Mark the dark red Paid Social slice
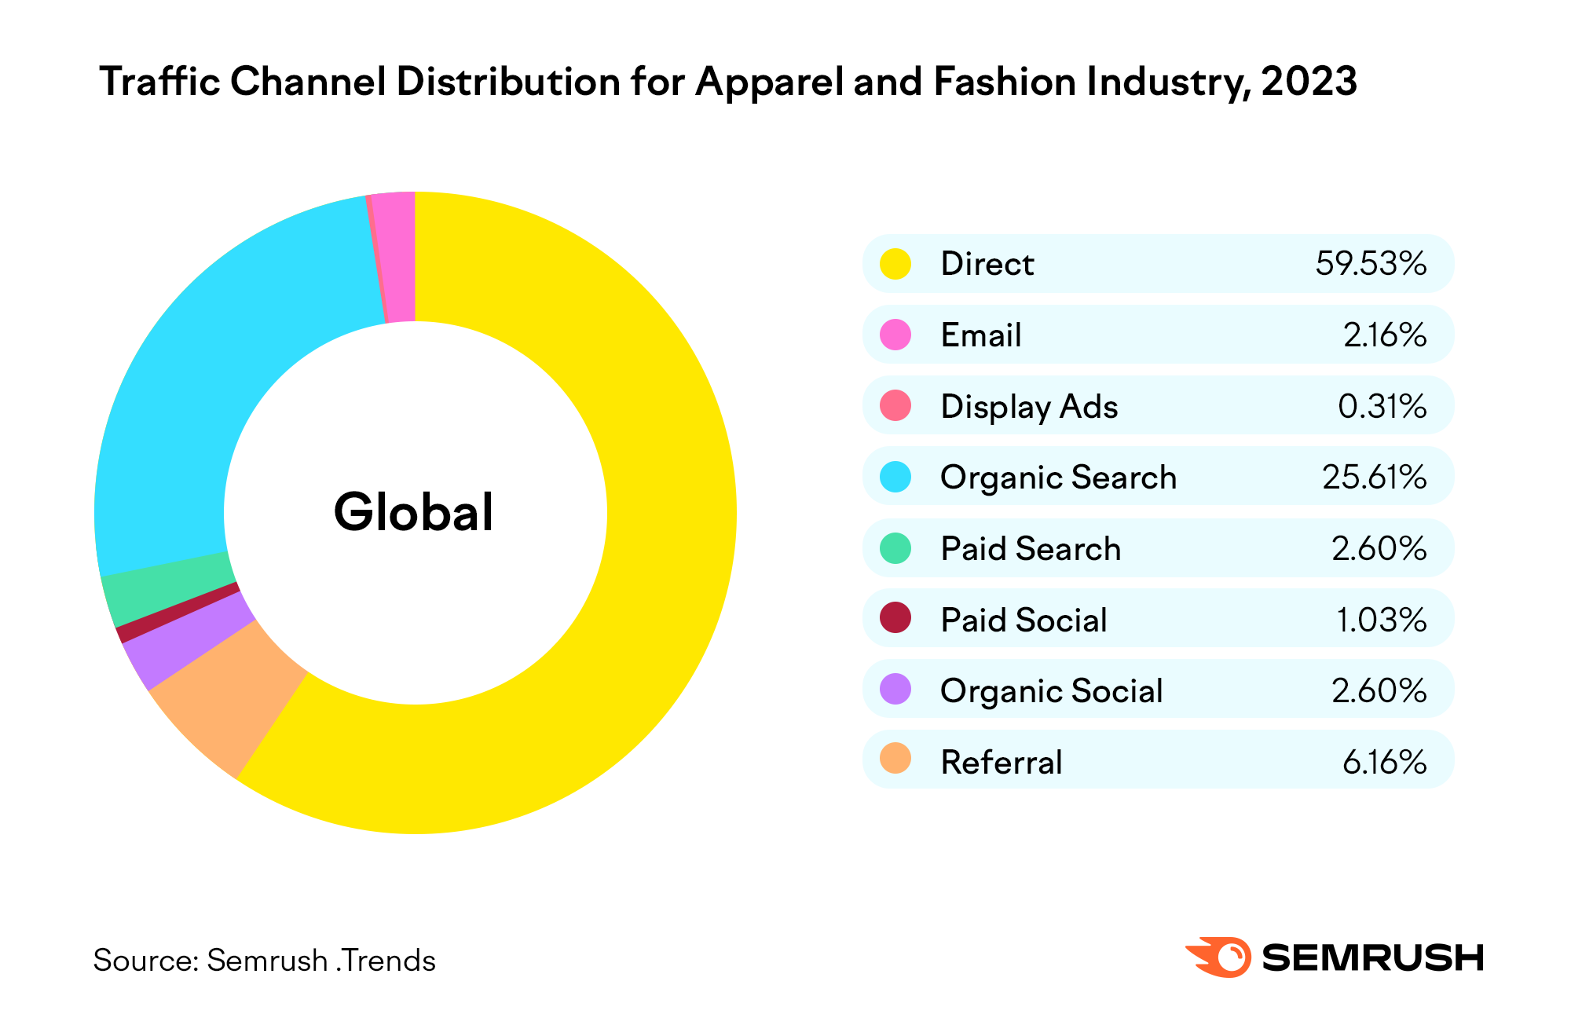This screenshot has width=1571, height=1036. pyautogui.click(x=178, y=612)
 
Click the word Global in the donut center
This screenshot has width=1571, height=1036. pyautogui.click(x=414, y=512)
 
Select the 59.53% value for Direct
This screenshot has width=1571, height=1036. pyautogui.click(x=1371, y=263)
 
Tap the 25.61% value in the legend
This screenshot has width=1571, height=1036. pyautogui.click(x=1374, y=477)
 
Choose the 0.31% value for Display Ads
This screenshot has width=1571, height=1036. pyautogui.click(x=1382, y=406)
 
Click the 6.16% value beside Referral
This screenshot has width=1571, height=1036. pyautogui.click(x=1384, y=762)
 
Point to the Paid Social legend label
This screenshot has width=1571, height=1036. pyautogui.click(x=1024, y=620)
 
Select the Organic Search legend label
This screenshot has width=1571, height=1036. pyautogui.click(x=1058, y=478)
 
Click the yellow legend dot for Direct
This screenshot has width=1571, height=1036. pyautogui.click(x=895, y=263)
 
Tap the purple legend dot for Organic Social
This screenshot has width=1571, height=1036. pyautogui.click(x=895, y=690)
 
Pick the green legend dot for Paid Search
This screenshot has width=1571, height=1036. pyautogui.click(x=895, y=548)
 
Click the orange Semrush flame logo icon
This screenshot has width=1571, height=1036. pyautogui.click(x=1219, y=957)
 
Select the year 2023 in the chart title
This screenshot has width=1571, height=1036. pyautogui.click(x=1309, y=82)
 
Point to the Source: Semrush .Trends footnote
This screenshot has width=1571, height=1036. pyautogui.click(x=264, y=961)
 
